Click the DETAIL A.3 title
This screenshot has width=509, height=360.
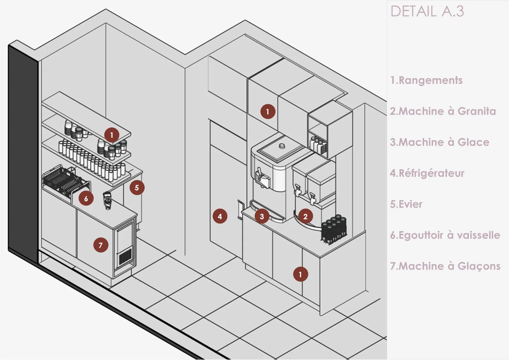pyautogui.click(x=427, y=12)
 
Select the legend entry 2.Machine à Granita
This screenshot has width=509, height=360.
pyautogui.click(x=443, y=111)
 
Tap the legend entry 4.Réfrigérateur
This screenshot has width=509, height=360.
pyautogui.click(x=427, y=173)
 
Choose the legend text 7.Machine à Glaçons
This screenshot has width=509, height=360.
pyautogui.click(x=445, y=266)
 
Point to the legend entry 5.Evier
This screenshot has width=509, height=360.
pyautogui.click(x=406, y=204)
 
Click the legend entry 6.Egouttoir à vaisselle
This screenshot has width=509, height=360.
pyautogui.click(x=445, y=235)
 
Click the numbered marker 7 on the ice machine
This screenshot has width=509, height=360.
pyautogui.click(x=101, y=245)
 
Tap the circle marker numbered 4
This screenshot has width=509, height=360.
pyautogui.click(x=220, y=216)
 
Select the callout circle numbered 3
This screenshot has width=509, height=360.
pyautogui.click(x=262, y=216)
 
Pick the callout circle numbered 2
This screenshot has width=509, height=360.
pyautogui.click(x=305, y=216)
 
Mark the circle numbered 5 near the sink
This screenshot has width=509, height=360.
pyautogui.click(x=137, y=188)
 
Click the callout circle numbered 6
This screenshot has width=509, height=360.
pyautogui.click(x=86, y=198)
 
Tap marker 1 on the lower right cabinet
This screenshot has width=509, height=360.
pyautogui.click(x=300, y=274)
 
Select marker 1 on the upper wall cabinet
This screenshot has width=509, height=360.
pyautogui.click(x=267, y=112)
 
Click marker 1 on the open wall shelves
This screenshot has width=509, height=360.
pyautogui.click(x=112, y=135)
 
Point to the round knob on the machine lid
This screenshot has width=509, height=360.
pyautogui.click(x=282, y=146)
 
